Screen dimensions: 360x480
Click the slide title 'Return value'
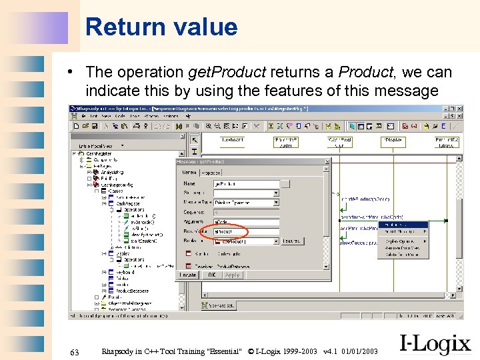pos(161,27)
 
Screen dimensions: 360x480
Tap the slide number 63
pos(74,351)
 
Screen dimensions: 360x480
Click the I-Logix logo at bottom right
pos(435,343)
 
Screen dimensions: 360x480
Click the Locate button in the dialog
pos(188,274)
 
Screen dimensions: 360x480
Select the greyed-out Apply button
pos(232,274)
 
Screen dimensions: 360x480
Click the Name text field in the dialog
pos(245,183)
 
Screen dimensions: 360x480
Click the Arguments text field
pos(245,222)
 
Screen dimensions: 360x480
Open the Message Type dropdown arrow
pos(275,203)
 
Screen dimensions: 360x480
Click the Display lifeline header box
pos(393,141)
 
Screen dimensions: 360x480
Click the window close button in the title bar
pos(459,109)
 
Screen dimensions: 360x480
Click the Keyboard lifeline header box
pos(234,141)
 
